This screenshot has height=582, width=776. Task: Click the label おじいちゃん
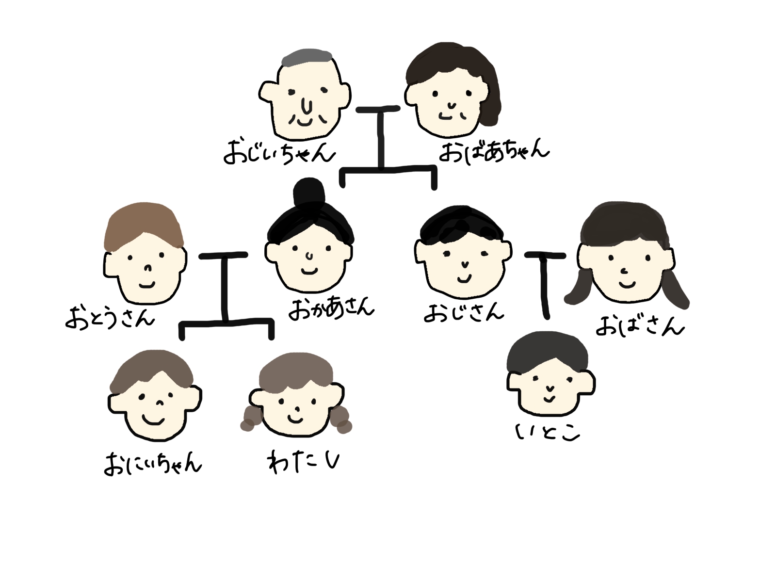click(279, 152)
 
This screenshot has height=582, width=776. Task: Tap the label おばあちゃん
click(494, 150)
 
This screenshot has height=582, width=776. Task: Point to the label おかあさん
click(331, 308)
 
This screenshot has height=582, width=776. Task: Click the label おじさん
click(464, 312)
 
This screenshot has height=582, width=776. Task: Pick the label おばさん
click(639, 326)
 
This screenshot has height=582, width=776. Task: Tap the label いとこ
click(548, 432)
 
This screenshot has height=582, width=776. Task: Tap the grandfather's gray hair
click(307, 59)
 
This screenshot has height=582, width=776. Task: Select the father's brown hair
click(144, 224)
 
